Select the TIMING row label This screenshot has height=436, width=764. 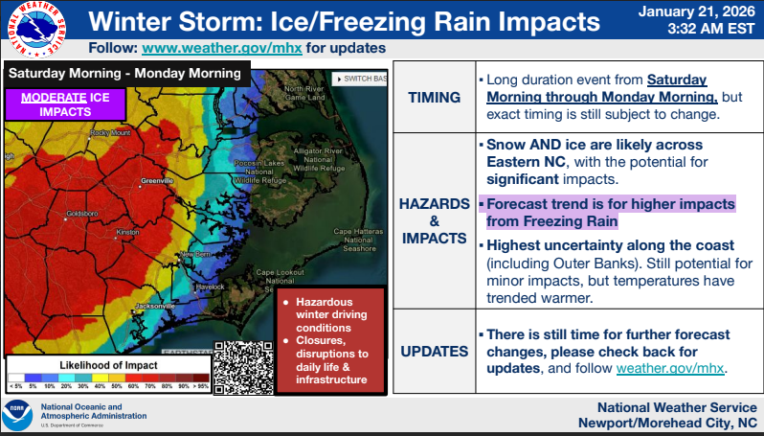434,98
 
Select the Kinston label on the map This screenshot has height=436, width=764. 127,233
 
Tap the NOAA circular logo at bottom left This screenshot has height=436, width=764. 16,416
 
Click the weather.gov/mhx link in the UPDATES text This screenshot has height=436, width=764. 670,368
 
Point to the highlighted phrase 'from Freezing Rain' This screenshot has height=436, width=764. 552,221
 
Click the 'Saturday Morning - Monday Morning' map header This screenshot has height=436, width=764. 125,74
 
